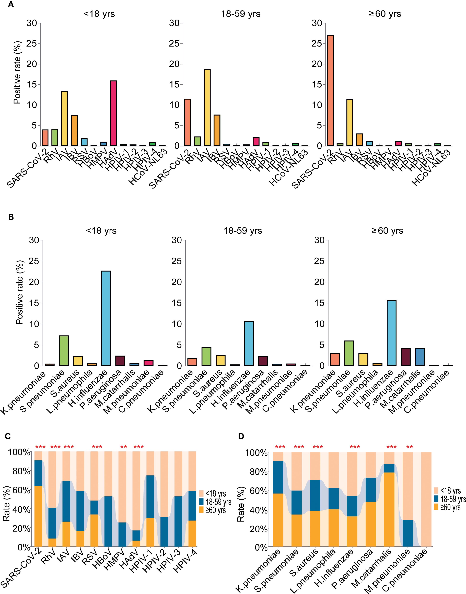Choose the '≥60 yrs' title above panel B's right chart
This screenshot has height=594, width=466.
[386, 231]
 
